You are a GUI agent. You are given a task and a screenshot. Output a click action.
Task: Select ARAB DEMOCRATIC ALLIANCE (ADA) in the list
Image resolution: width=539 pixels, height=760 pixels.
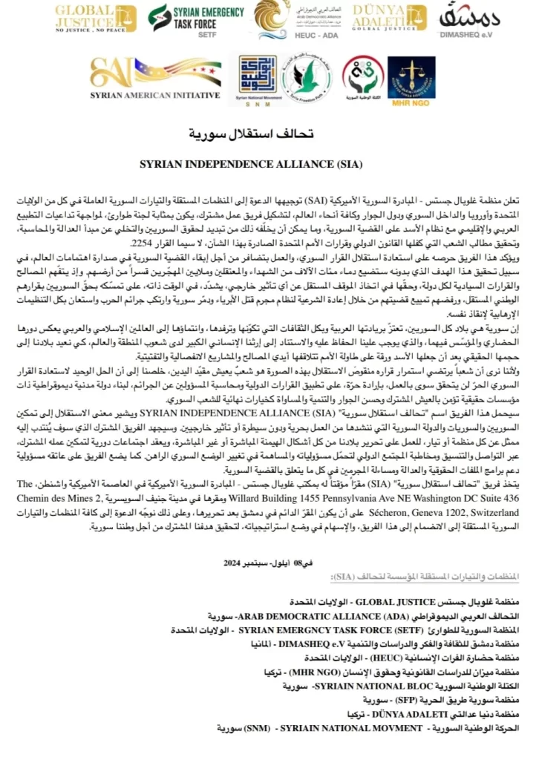click(x=294, y=617)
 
